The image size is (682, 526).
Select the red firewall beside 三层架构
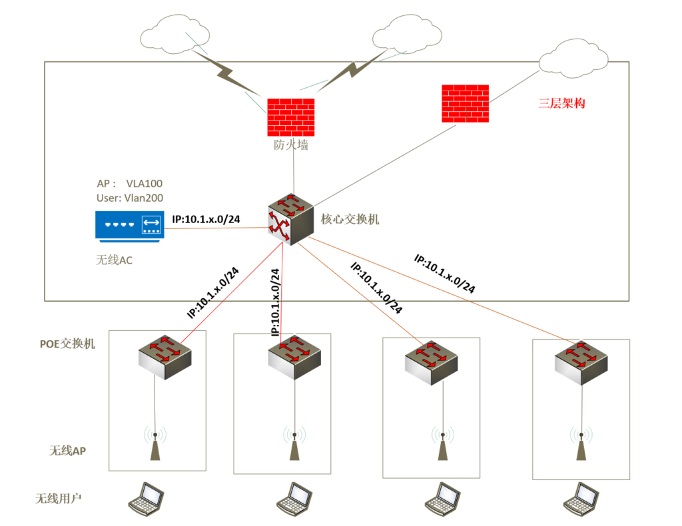pyautogui.click(x=465, y=103)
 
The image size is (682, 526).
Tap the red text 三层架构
pyautogui.click(x=561, y=103)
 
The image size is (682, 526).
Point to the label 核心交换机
pyautogui.click(x=350, y=219)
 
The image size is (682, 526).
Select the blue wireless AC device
pyautogui.click(x=129, y=225)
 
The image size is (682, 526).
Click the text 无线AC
pyautogui.click(x=115, y=260)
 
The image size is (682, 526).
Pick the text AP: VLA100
pyautogui.click(x=129, y=183)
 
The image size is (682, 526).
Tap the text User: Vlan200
pyautogui.click(x=130, y=198)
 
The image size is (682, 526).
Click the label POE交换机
pyautogui.click(x=67, y=344)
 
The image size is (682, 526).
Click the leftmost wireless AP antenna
pyautogui.click(x=155, y=445)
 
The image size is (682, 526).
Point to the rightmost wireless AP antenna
pyautogui.click(x=581, y=445)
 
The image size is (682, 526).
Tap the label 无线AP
pyautogui.click(x=67, y=450)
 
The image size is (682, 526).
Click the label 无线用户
pyautogui.click(x=59, y=497)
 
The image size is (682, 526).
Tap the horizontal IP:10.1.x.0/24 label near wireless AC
pyautogui.click(x=206, y=218)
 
